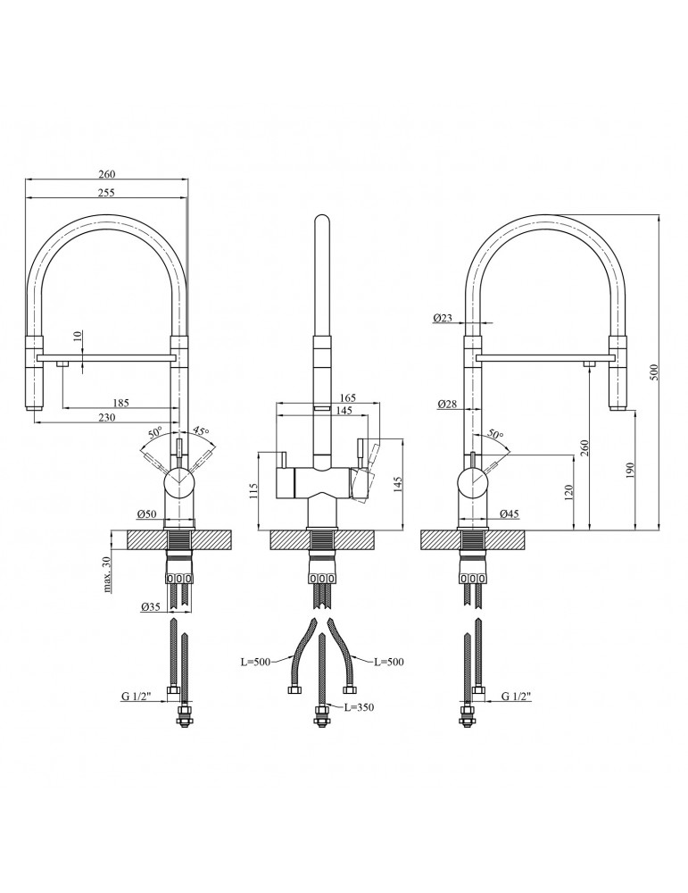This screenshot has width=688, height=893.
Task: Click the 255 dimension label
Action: [x=106, y=193]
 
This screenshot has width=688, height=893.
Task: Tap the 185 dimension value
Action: [x=120, y=403]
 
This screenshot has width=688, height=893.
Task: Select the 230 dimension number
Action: [x=106, y=417]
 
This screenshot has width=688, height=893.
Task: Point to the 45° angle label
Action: [x=199, y=431]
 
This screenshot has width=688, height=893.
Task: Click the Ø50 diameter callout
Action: [x=147, y=514]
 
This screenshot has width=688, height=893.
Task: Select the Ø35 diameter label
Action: [x=151, y=607]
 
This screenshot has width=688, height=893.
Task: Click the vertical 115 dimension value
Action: [x=253, y=491]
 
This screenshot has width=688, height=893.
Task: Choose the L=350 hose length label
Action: [x=359, y=706]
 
